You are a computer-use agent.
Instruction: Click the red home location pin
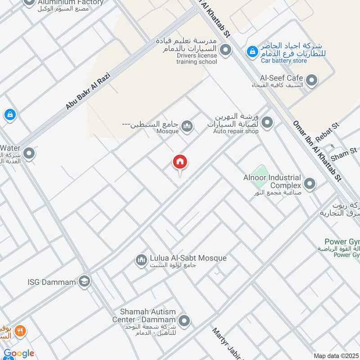(x=180, y=162)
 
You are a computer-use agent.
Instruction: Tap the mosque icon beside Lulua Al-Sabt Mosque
(x=141, y=260)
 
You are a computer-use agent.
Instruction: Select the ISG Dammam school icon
(x=84, y=282)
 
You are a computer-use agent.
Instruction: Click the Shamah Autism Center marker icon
(x=184, y=321)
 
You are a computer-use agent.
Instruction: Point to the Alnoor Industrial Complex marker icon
(x=310, y=184)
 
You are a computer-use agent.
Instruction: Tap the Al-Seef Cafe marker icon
(x=311, y=81)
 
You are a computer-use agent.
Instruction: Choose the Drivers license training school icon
(x=225, y=49)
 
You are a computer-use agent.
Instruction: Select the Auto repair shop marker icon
(x=267, y=122)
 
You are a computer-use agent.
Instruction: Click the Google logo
(x=18, y=353)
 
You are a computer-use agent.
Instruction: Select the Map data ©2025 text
(x=336, y=355)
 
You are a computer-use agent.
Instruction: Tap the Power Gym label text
(x=342, y=242)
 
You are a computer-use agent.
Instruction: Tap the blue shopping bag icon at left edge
(x=10, y=115)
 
